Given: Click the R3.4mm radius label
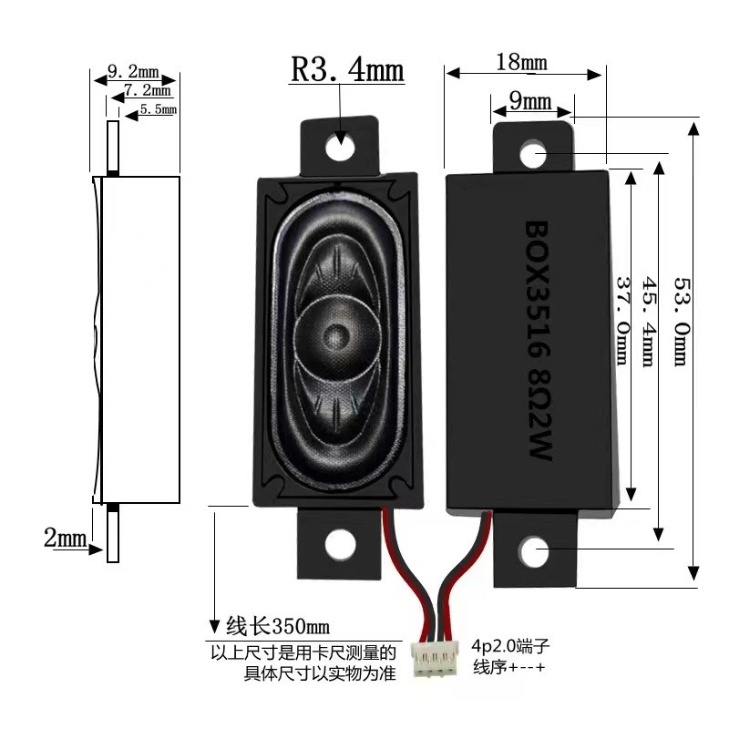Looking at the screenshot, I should pyautogui.click(x=346, y=70).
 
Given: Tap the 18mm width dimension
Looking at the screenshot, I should pyautogui.click(x=521, y=62).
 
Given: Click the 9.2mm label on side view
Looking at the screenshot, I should pyautogui.click(x=133, y=70).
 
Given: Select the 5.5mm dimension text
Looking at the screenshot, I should pyautogui.click(x=158, y=109).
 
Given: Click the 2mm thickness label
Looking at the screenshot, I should pyautogui.click(x=64, y=538).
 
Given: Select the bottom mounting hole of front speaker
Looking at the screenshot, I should pyautogui.click(x=341, y=543).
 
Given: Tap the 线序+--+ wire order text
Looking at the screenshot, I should pyautogui.click(x=508, y=668).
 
